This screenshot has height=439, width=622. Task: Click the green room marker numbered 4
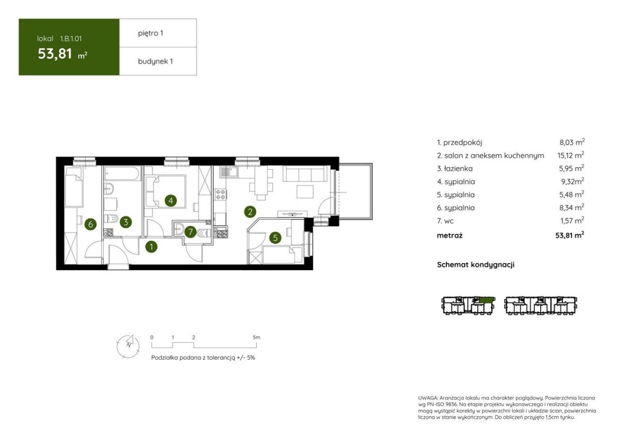pos(171,200)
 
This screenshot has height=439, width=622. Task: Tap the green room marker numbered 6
pos(91,224)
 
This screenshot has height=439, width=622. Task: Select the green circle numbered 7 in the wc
pos(190,231)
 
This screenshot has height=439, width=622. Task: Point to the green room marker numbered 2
pos(250,212)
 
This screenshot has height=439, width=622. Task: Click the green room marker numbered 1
pos(151,246)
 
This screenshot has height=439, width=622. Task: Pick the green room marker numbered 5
pos(275,238)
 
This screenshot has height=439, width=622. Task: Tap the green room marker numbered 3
pos(126,222)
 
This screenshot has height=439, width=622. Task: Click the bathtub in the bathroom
pos(122,173)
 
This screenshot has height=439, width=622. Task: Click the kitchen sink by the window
pos(229,172)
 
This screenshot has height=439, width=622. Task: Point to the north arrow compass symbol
pos(128,346)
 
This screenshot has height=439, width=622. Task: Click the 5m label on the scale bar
pos(256,338)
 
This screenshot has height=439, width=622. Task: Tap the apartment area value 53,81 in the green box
pos(55,53)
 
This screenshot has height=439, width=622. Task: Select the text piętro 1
pos(150,33)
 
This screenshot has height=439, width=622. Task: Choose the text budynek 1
pos(155,61)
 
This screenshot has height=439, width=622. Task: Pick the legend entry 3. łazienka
pos(455,169)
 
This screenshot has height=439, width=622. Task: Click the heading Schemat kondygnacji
pos(476,265)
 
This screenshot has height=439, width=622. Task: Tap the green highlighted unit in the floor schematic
pos(487,300)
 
